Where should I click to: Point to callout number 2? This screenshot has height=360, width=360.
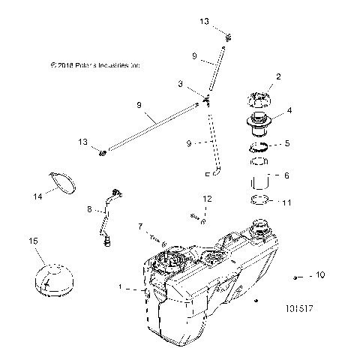(278, 76)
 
